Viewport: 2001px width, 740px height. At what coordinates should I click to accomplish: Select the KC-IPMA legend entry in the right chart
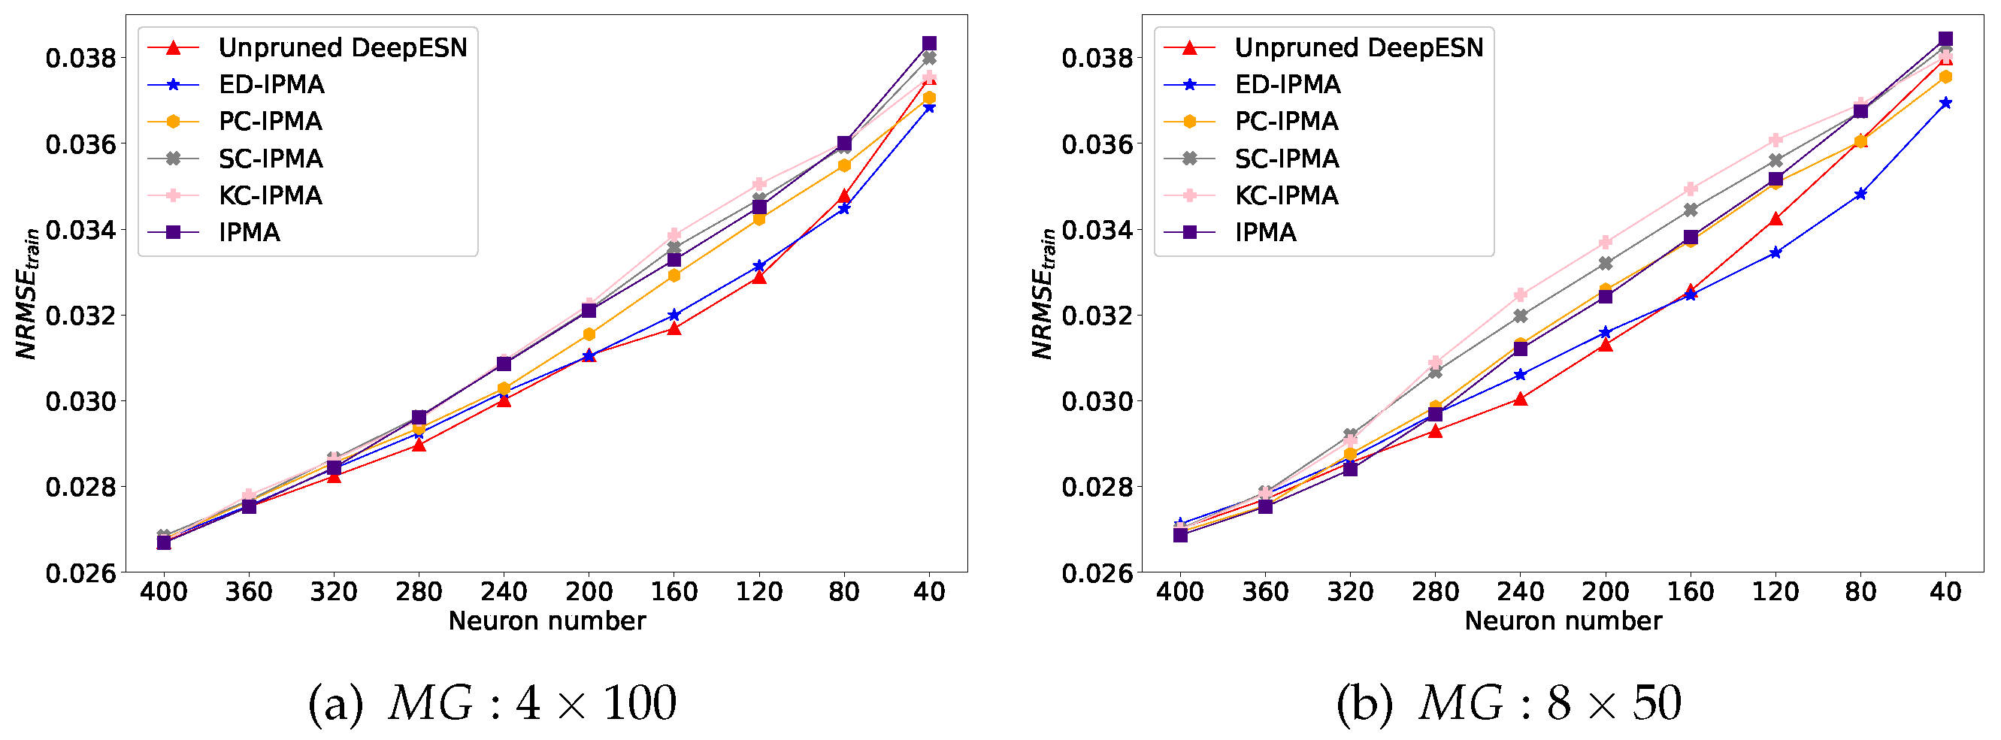[x=1286, y=195]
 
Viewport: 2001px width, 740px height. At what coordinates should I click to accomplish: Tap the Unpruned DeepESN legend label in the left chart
[x=343, y=47]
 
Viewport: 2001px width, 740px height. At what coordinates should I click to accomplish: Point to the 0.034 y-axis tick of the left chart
[x=80, y=230]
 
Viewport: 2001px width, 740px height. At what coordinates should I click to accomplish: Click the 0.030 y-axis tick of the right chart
[x=1096, y=401]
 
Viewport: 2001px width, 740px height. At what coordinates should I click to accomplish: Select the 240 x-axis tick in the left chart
[x=504, y=593]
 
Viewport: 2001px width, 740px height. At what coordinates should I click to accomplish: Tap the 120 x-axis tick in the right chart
[x=1775, y=593]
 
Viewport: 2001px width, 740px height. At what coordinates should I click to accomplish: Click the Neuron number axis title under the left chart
[x=547, y=621]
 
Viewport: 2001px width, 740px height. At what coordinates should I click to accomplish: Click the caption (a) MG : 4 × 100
[x=492, y=703]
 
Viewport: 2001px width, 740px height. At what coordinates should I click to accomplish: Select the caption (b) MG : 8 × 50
[x=1509, y=703]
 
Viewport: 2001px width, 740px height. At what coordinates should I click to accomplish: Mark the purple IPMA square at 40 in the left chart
[x=929, y=44]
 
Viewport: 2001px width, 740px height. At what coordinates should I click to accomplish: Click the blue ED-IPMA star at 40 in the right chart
[x=1945, y=103]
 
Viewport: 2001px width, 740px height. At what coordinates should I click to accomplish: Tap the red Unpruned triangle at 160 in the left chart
[x=674, y=329]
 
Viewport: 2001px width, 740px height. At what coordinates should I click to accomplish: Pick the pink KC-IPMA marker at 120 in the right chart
[x=1775, y=140]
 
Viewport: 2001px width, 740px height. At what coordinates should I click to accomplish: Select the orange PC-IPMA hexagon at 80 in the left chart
[x=844, y=165]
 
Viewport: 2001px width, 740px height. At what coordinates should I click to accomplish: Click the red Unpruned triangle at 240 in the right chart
[x=1520, y=399]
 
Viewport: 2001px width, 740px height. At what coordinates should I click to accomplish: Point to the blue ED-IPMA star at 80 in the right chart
[x=1860, y=194]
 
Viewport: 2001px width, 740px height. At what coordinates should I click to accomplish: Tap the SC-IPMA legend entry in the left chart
[x=271, y=159]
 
